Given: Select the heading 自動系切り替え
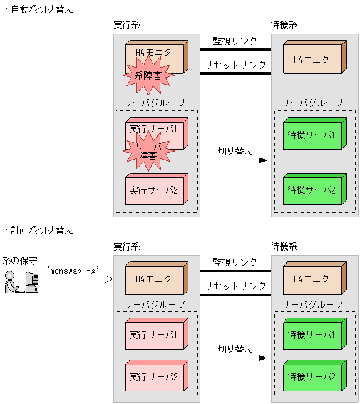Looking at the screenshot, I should click(x=41, y=10).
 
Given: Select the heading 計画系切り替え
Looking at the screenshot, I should click(x=41, y=230).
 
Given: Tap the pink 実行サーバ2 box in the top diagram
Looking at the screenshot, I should click(x=153, y=189).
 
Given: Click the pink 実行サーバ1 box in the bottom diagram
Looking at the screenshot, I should click(x=153, y=335).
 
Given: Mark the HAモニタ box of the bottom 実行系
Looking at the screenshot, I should click(x=153, y=279).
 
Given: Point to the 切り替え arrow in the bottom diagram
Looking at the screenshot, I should click(x=235, y=358).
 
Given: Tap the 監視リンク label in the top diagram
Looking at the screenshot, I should click(x=235, y=41).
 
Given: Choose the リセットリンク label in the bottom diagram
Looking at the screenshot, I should click(x=235, y=286).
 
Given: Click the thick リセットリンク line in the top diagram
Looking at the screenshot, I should click(x=235, y=73).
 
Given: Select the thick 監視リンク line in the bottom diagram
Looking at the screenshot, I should click(x=235, y=271).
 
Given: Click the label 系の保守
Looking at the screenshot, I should click(x=19, y=260).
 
